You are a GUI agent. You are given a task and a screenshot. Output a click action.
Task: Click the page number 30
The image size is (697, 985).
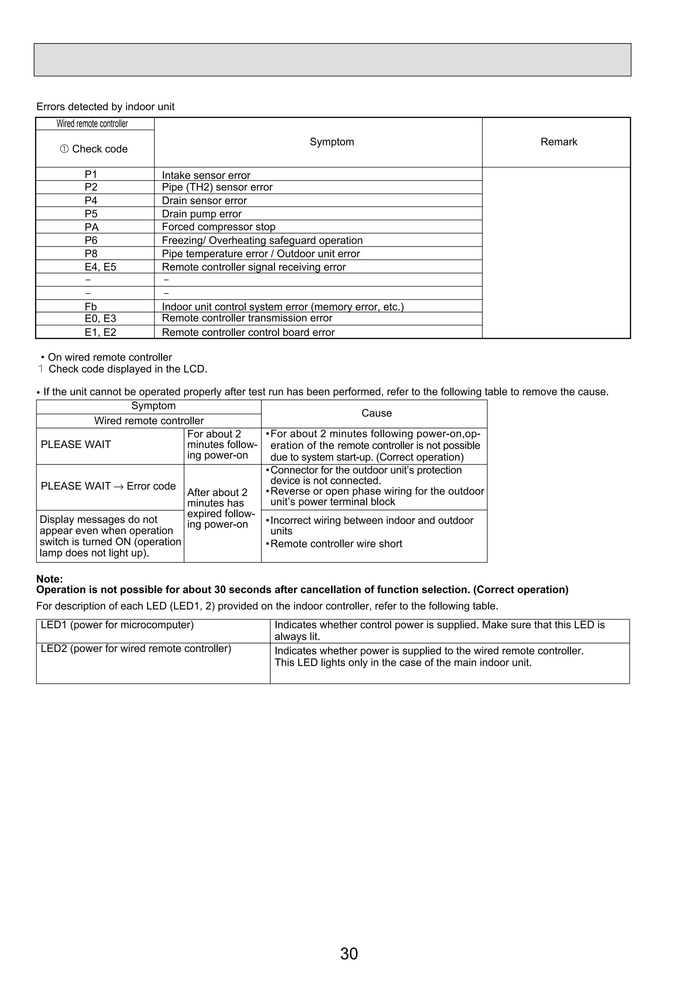348,953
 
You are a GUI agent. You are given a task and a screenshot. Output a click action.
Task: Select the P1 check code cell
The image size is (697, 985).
91,174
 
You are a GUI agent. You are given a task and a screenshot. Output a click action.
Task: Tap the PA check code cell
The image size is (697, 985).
92,227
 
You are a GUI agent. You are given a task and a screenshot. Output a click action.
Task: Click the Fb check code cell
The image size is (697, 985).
91,306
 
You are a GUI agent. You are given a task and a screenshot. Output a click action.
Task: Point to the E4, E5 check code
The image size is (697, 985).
100,267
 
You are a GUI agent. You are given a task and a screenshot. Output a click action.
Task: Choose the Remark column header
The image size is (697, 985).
558,142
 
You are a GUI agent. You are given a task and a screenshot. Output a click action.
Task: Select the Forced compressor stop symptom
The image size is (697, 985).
218,227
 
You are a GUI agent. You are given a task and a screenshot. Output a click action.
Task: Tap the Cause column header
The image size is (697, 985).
376,413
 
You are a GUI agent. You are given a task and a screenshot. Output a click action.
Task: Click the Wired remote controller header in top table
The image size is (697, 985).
92,124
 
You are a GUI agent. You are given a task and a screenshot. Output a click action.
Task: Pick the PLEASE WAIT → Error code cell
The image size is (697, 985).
108,486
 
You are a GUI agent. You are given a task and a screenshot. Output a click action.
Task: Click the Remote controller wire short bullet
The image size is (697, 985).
336,544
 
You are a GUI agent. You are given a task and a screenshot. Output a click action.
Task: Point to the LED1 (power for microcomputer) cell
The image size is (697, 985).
117,625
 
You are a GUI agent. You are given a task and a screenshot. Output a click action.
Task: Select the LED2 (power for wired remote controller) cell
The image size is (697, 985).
136,648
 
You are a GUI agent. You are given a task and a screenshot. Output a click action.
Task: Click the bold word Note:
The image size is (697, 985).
49,579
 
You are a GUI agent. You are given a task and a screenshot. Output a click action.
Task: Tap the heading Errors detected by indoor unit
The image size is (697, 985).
105,106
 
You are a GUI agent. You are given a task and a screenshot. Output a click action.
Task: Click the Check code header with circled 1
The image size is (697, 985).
94,149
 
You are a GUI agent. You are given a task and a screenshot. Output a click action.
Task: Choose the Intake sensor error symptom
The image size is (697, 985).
206,175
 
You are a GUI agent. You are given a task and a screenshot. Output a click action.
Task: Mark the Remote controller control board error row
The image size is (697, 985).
248,332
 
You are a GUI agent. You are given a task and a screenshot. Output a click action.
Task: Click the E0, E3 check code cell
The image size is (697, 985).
100,318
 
